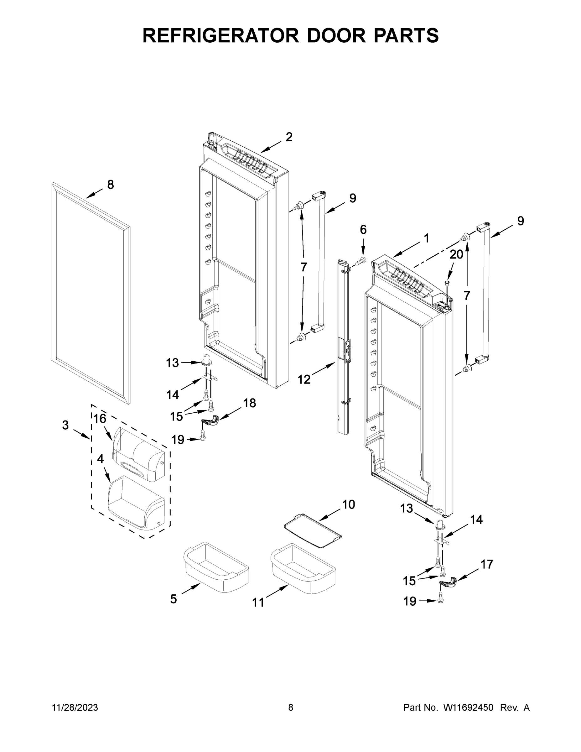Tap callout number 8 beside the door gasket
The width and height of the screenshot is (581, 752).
(110, 185)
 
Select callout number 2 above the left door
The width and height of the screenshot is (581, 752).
(289, 137)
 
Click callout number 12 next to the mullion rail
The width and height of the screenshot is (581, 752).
(304, 379)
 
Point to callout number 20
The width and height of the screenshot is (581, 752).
(456, 254)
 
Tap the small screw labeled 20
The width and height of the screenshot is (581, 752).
(447, 282)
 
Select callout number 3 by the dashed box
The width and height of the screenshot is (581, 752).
(65, 425)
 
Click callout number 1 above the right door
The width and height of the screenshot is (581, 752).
(427, 238)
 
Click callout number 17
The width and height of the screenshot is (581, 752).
(487, 564)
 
